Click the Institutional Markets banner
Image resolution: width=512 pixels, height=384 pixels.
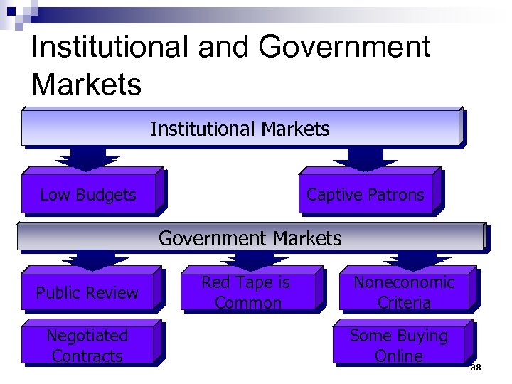pos(240,129)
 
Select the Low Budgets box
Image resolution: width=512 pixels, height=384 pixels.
pos(88,194)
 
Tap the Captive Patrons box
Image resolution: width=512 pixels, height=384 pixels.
pos(366,194)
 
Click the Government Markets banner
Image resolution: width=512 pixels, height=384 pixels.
pos(250,238)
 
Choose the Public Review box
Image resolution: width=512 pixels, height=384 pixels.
pos(87,292)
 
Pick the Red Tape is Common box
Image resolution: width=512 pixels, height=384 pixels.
pos(247,292)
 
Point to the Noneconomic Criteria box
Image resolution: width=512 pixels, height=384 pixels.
pos(404,292)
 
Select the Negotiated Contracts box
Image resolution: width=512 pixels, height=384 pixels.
pos(87,346)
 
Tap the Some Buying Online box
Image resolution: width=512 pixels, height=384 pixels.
pos(399,346)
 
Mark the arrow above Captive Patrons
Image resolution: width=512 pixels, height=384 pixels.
pos(366,158)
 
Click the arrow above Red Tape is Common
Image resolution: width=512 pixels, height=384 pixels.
pos(247,260)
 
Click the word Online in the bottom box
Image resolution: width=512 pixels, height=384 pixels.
pos(399,356)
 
